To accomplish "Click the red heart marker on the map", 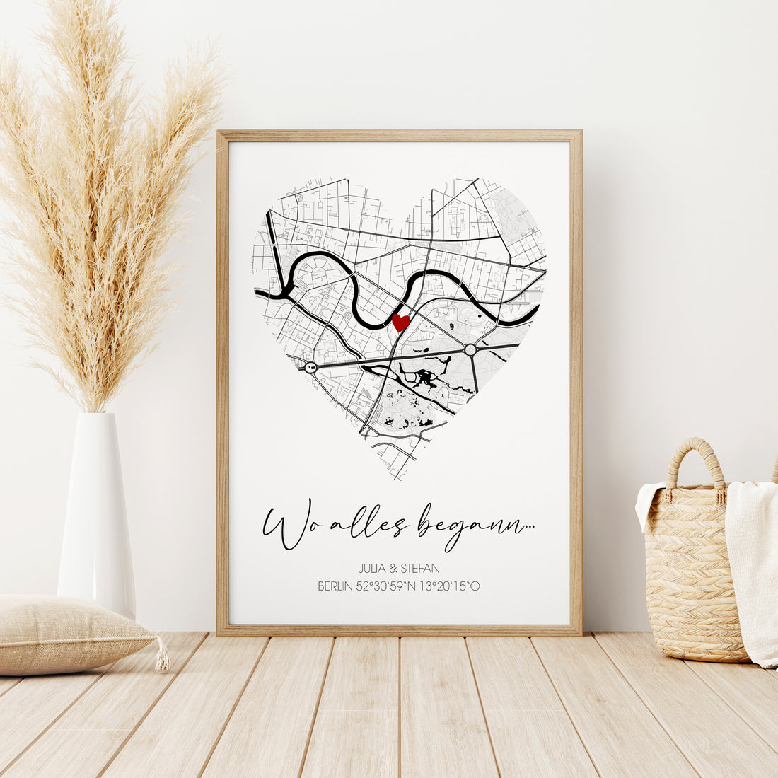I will [x=401, y=323].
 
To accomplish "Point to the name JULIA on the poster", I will [x=373, y=568].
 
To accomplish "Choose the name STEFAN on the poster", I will [x=420, y=568].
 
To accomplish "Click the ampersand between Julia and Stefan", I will [x=393, y=568].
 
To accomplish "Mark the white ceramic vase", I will [x=97, y=509].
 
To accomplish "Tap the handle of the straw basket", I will [x=696, y=460].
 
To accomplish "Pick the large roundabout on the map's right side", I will [x=470, y=349].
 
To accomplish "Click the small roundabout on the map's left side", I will [x=310, y=366].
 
